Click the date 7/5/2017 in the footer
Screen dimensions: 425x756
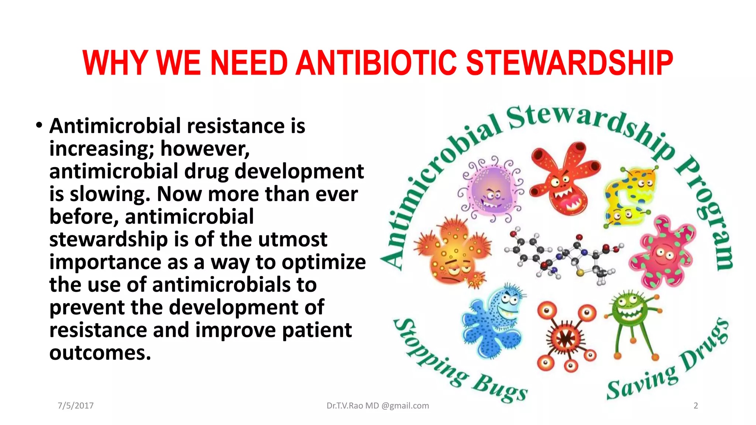point(76,405)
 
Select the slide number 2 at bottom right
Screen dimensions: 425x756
point(696,405)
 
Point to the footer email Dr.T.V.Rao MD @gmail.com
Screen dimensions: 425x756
point(378,405)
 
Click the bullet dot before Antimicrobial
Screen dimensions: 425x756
point(39,125)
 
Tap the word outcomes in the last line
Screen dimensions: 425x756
point(100,353)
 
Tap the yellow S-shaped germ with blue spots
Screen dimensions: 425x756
point(629,196)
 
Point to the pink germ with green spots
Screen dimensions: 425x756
point(663,253)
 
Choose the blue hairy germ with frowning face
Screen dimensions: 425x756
point(493,321)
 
